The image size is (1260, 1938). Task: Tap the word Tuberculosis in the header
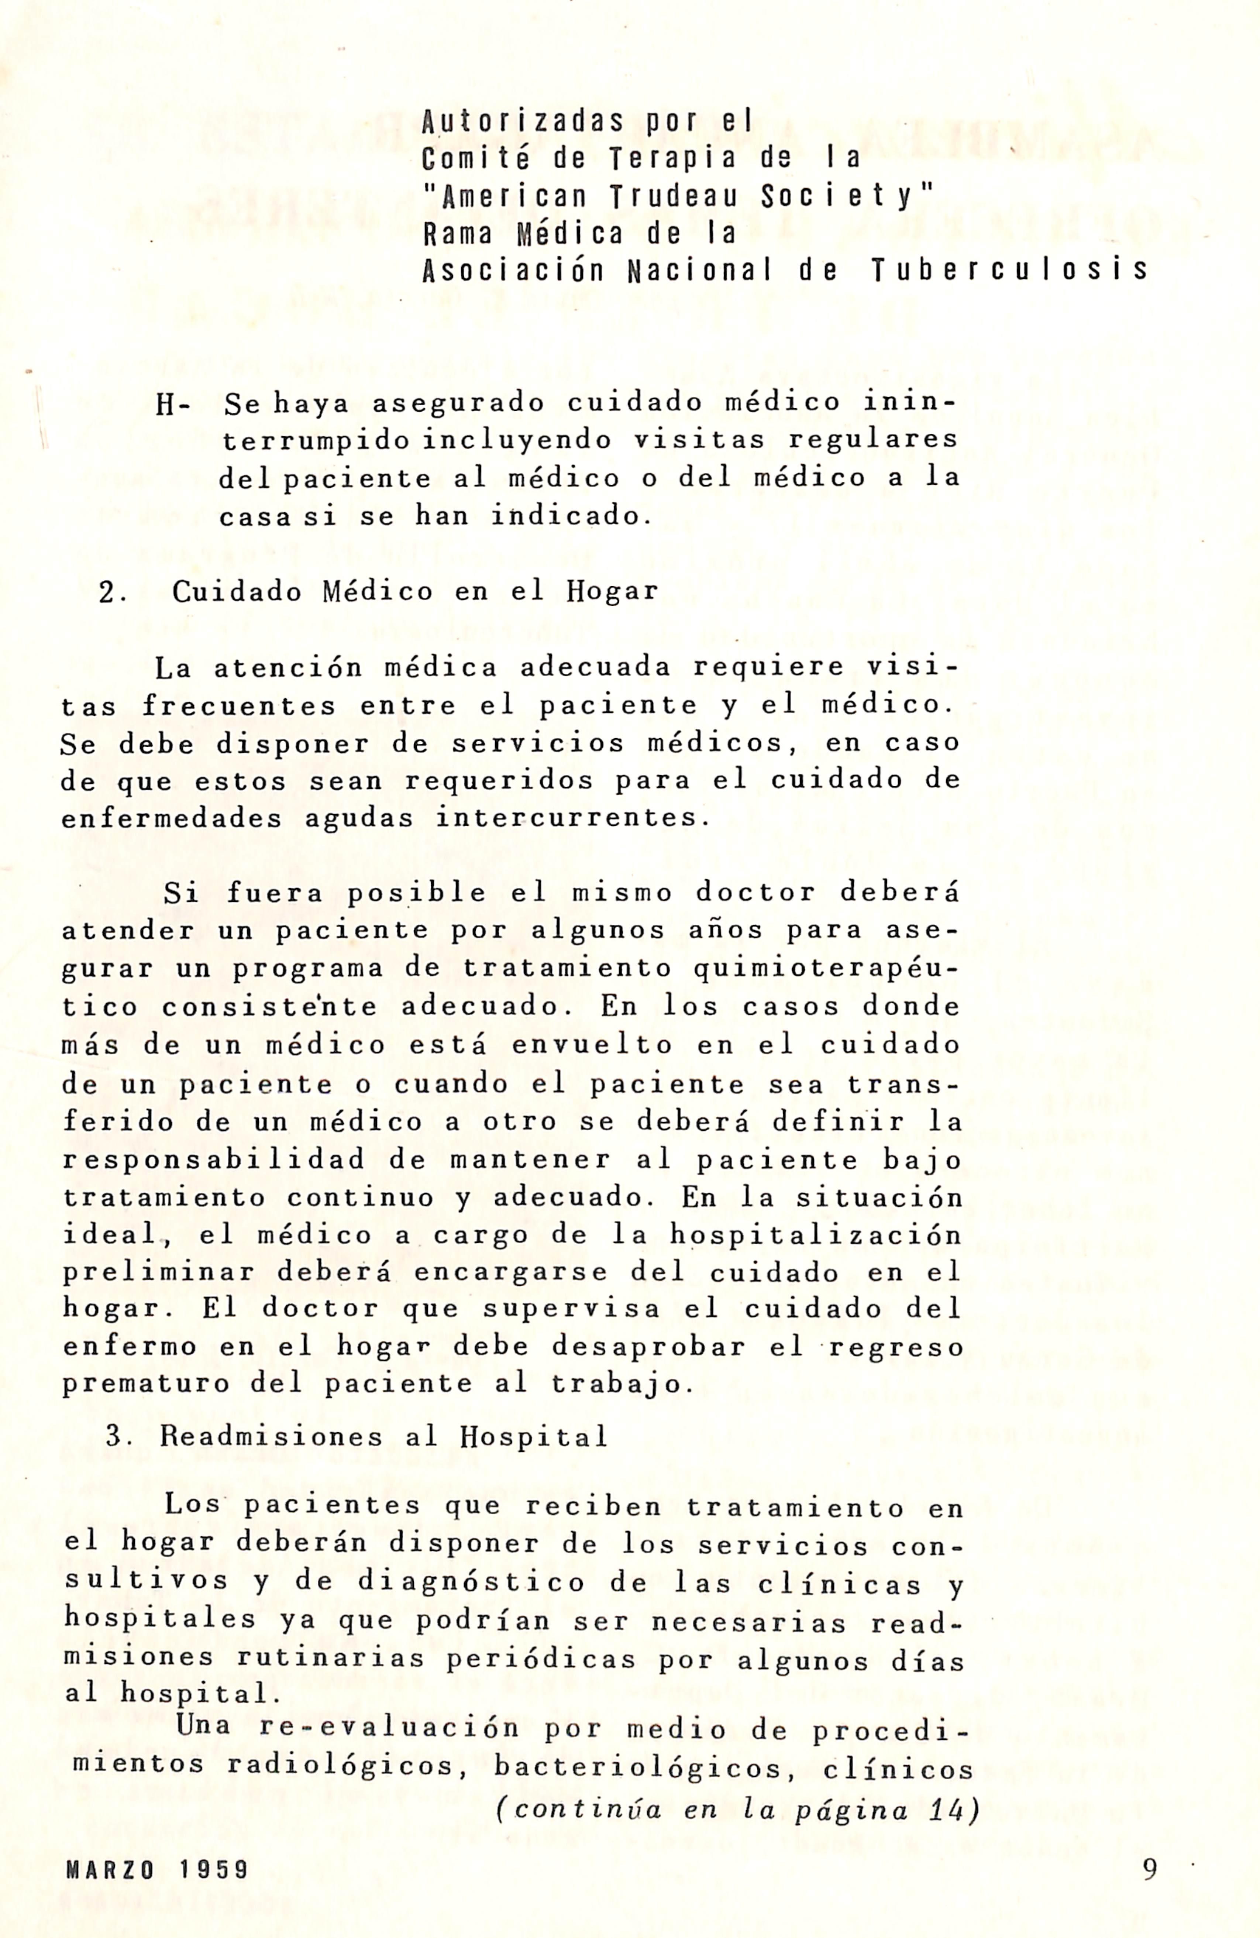click(x=1009, y=270)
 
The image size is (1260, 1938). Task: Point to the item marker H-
click(x=173, y=405)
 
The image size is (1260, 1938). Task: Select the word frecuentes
click(x=238, y=706)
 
